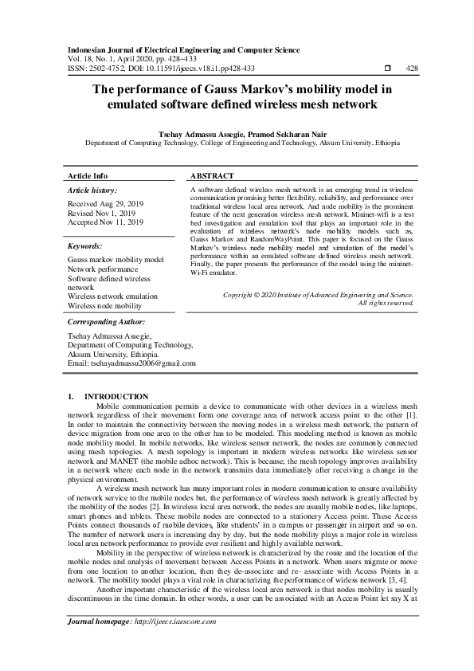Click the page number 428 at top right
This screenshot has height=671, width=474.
(x=412, y=69)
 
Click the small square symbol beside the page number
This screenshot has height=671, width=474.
(x=387, y=69)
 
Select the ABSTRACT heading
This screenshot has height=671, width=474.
(x=213, y=175)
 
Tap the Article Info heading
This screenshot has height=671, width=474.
(x=88, y=175)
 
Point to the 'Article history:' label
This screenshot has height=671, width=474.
(x=92, y=191)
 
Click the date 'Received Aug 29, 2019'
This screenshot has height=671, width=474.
(x=106, y=205)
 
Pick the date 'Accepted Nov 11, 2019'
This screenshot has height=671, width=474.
(x=106, y=222)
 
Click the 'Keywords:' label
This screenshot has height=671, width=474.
(x=85, y=247)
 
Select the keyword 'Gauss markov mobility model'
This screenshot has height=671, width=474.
(x=116, y=261)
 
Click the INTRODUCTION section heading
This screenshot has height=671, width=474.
(x=116, y=396)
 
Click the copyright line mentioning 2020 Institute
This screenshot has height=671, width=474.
(x=318, y=296)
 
